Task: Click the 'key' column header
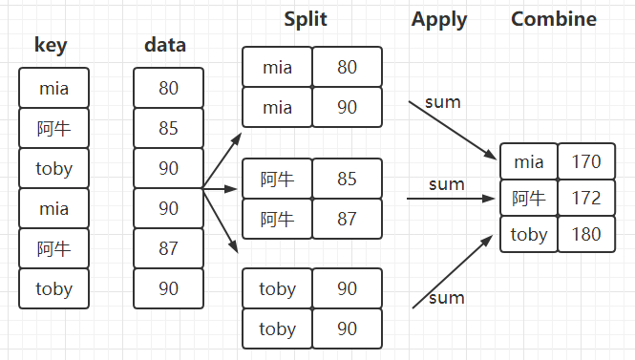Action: point(53,45)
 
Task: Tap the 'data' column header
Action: point(165,45)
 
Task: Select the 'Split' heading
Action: point(307,19)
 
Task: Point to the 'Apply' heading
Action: point(439,19)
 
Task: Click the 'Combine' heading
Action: point(554,19)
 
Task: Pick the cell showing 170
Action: point(586,161)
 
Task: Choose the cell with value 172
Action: point(586,199)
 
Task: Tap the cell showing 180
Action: point(586,235)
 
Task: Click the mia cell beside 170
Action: point(529,161)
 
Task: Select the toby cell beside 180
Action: point(529,235)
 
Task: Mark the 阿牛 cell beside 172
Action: point(529,199)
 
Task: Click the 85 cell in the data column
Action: point(169,128)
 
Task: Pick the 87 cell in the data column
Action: point(169,248)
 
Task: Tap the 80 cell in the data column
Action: point(169,88)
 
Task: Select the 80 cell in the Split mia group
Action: point(348,67)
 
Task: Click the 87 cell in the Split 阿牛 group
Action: point(348,219)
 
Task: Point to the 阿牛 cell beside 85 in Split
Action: point(277,179)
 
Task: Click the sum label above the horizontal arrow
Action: point(446,183)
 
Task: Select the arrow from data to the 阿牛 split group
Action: point(219,189)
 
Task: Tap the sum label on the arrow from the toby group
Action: point(446,298)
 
